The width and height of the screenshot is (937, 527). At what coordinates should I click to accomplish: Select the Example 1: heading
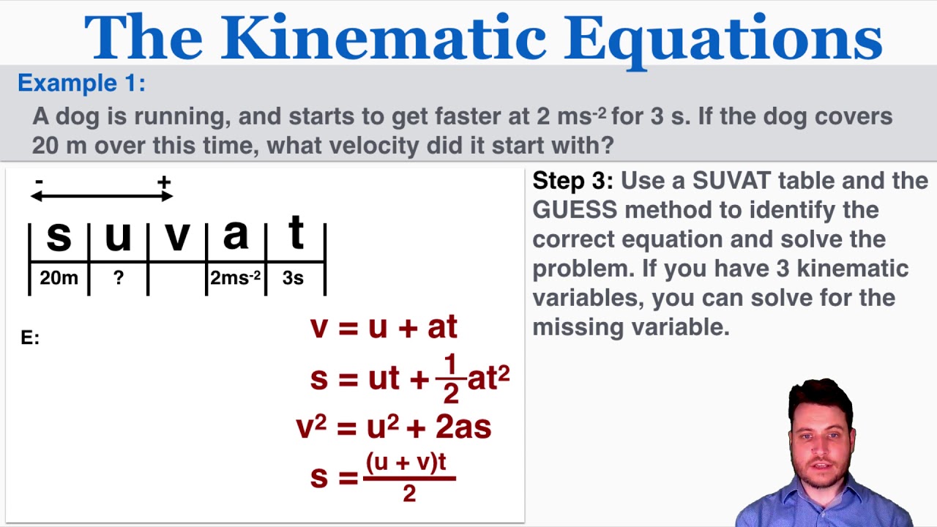pos(81,83)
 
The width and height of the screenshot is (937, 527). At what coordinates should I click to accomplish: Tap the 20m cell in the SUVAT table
pos(59,279)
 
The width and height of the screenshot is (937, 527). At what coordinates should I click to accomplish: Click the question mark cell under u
pos(119,279)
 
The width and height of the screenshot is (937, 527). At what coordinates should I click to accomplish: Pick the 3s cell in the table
pos(293,279)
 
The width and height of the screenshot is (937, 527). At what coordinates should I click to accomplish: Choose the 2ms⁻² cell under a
pos(235,279)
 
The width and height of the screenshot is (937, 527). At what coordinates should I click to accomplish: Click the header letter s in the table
pos(59,236)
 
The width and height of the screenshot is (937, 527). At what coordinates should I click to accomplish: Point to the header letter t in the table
pos(296,234)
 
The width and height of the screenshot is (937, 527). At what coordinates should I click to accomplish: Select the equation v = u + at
pos(384,326)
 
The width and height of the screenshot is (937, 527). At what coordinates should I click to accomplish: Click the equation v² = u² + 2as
pos(393,427)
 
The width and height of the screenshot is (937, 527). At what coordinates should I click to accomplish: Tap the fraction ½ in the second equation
pos(450,378)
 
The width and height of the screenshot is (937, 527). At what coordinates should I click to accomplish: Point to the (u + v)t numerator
pos(406,464)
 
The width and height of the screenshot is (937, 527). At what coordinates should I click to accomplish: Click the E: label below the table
pos(30,337)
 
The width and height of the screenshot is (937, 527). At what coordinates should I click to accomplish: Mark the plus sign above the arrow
pos(164,182)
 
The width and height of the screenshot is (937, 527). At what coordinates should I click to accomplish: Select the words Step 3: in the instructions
pos(572,181)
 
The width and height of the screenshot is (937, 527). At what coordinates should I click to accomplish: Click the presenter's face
pos(821,444)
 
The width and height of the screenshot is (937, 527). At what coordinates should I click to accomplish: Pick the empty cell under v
pos(177,279)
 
